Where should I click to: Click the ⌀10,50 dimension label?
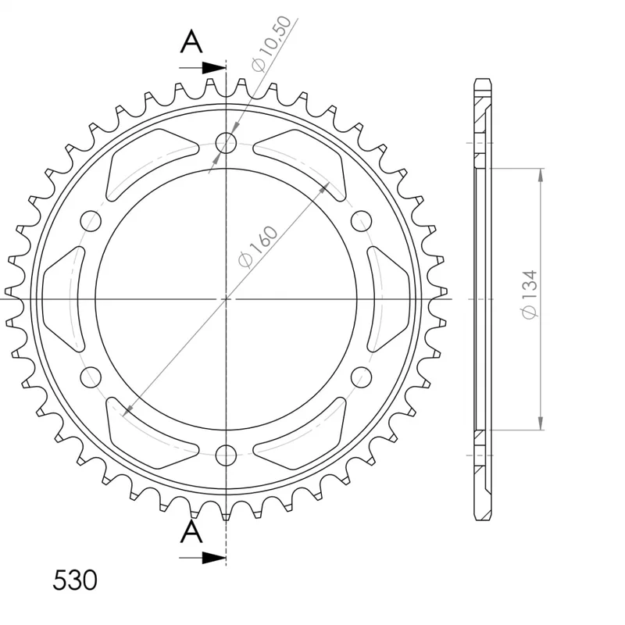[x=270, y=44]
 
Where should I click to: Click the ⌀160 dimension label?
[x=257, y=247]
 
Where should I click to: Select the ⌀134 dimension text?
[x=530, y=295]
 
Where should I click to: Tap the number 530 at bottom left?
[x=75, y=580]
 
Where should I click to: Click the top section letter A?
[x=191, y=42]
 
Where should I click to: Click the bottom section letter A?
[x=191, y=533]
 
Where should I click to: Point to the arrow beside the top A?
[x=202, y=68]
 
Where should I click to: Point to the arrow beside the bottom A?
[x=202, y=558]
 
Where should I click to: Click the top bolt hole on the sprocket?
[x=226, y=142]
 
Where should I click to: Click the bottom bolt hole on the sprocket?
[x=226, y=455]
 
